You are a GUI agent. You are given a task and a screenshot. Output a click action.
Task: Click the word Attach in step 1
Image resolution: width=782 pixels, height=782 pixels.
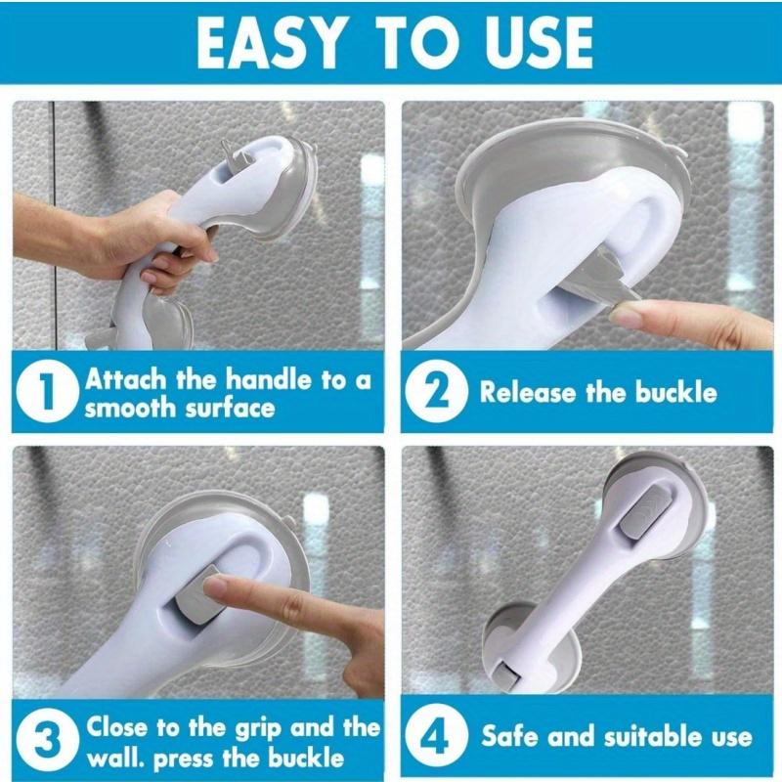coord(126,379)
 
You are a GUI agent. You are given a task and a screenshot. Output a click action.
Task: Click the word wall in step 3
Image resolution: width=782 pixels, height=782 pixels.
coord(112,757)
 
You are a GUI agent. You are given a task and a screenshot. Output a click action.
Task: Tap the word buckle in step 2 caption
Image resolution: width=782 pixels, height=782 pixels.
coord(674,393)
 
